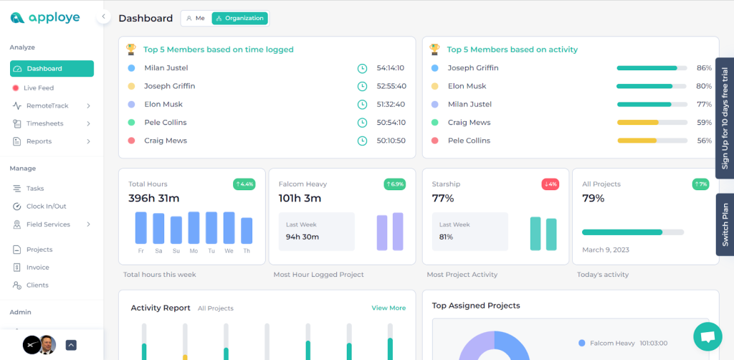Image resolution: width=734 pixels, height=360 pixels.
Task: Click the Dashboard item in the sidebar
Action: click(52, 69)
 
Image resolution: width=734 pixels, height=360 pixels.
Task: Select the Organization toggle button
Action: click(239, 18)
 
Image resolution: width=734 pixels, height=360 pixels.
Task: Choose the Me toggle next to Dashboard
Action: click(196, 18)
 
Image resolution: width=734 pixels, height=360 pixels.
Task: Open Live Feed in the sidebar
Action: click(39, 87)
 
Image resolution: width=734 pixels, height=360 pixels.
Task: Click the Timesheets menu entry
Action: click(44, 123)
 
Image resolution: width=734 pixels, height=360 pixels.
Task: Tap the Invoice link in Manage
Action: click(38, 267)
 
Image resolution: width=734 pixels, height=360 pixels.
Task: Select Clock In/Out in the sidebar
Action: click(46, 207)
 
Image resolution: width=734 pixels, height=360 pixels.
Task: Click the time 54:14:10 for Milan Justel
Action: click(391, 68)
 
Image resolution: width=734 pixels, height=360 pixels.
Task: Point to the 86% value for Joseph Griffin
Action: click(703, 68)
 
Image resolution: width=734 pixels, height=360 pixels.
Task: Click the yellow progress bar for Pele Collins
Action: click(647, 141)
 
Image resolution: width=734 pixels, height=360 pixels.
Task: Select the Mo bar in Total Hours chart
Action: click(194, 227)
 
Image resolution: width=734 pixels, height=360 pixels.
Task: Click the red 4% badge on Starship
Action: click(550, 184)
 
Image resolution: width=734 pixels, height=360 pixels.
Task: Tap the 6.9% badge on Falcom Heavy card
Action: click(394, 184)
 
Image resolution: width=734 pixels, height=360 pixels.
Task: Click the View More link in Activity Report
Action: click(388, 308)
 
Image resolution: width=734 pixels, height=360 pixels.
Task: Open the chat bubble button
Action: click(707, 336)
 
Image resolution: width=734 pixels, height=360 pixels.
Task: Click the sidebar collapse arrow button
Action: click(103, 16)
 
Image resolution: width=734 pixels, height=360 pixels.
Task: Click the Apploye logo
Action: click(45, 17)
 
